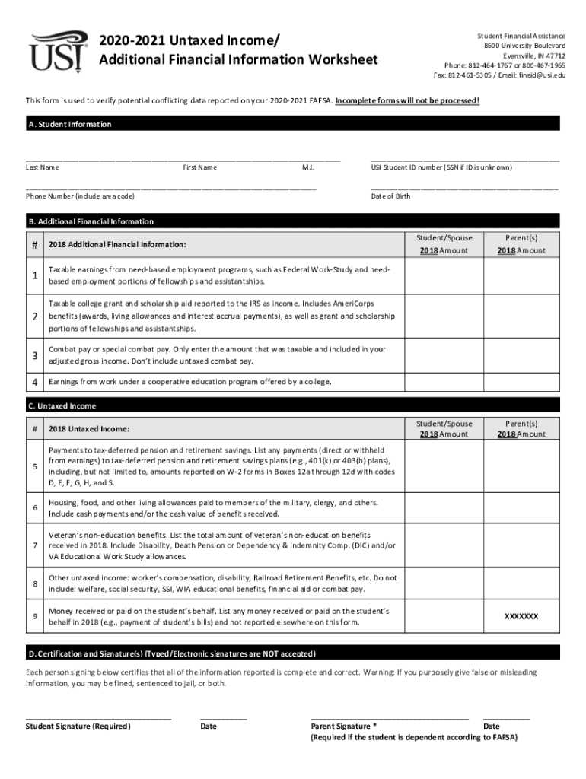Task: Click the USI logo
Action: tap(57, 50)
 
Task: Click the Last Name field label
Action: tap(43, 167)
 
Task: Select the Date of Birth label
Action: tap(390, 196)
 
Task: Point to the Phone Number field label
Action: tap(80, 196)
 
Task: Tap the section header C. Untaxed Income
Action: tap(62, 406)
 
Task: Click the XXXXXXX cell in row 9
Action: tap(521, 616)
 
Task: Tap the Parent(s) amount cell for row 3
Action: tap(521, 355)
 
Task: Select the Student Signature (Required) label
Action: tap(78, 726)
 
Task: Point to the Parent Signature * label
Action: tap(343, 726)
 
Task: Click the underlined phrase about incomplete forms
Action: tap(407, 100)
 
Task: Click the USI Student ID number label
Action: tap(441, 167)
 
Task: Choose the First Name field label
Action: tap(199, 167)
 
